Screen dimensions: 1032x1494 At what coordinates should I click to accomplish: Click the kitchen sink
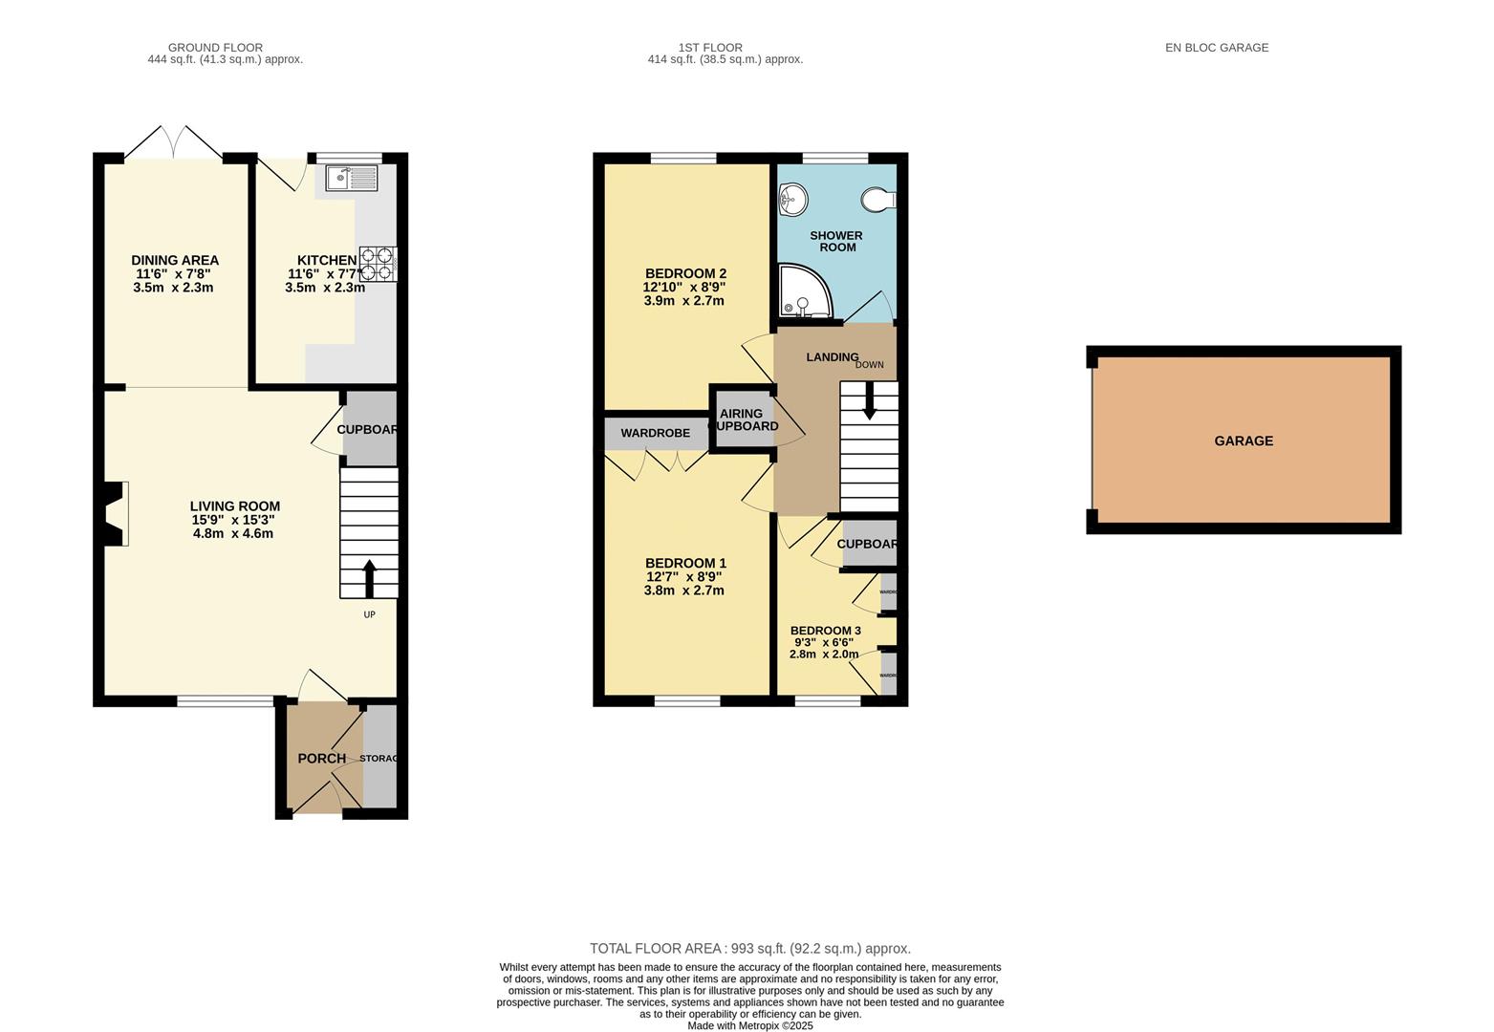pos(352,178)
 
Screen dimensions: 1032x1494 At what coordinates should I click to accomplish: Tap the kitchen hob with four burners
pos(378,264)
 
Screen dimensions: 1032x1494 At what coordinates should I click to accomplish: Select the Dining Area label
pos(175,260)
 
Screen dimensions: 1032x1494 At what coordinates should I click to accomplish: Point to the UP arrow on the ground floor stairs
pos(369,578)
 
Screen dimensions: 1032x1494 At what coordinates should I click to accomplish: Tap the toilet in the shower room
pos(877,199)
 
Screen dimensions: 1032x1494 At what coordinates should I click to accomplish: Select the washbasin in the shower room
pos(792,199)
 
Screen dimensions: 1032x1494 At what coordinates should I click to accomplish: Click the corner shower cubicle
pos(803,291)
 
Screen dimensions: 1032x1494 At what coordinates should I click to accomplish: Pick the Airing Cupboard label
pos(743,419)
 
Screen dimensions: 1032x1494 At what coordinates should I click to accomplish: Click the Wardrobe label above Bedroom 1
pos(655,433)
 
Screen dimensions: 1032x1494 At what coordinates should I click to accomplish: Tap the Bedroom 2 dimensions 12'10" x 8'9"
pos(683,287)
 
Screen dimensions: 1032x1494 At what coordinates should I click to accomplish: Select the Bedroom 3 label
pos(825,631)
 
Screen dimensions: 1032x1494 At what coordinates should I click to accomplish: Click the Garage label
pos(1244,441)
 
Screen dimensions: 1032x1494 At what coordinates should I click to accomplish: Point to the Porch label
pos(321,759)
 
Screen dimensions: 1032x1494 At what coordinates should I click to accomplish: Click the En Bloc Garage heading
pos(1216,47)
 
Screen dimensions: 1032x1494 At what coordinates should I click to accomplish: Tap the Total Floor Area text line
pos(749,949)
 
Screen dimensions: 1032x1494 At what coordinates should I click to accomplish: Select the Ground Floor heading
pos(215,47)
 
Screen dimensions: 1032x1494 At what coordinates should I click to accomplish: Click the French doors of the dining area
pos(174,143)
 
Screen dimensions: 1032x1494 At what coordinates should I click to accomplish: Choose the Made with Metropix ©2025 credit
pos(749,1026)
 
